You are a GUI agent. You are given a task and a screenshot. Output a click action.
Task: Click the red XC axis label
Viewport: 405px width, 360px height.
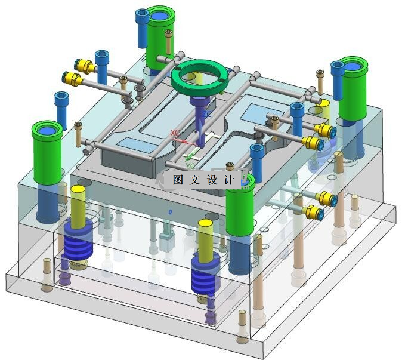pos(175,133)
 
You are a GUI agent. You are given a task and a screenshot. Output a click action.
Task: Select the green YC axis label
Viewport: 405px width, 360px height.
pos(191,165)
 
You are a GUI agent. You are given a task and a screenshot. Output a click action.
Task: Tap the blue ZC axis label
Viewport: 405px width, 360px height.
pos(206,114)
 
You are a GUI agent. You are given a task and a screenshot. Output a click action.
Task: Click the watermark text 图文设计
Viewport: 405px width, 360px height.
pos(203,180)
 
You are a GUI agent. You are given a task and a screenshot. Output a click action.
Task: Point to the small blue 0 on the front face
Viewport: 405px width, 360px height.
pos(170,212)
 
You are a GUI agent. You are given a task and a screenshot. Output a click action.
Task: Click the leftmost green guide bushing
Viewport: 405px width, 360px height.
pos(47,153)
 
